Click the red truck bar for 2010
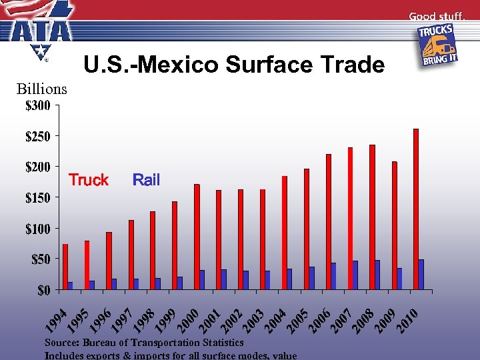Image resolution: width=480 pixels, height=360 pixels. [x=416, y=209]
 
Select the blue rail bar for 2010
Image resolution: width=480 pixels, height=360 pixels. [x=421, y=274]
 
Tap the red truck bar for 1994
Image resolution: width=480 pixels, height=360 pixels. [x=65, y=267]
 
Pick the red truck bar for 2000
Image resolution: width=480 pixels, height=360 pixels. [x=197, y=237]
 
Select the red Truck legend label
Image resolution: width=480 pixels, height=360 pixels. [x=89, y=180]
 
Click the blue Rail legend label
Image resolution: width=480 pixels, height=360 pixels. [x=146, y=180]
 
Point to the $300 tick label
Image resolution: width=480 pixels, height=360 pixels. [x=37, y=105]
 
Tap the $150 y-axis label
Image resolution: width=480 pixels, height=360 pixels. [x=37, y=198]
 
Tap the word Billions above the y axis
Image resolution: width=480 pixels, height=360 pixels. [x=42, y=89]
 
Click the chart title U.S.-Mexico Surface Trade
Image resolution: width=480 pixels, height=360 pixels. [x=233, y=65]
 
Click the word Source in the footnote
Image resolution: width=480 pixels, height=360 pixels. [x=61, y=343]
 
